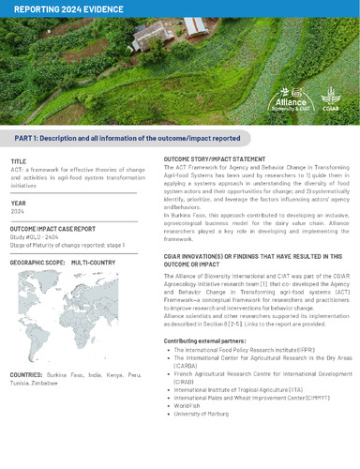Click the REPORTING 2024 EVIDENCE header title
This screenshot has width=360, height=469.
(x=58, y=8)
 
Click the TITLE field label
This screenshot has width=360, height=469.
(x=19, y=161)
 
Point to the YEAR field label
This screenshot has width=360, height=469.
(x=18, y=202)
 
